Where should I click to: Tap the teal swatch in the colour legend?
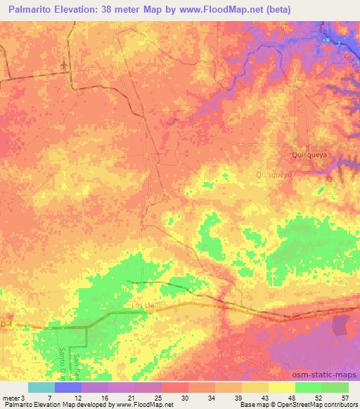coord(41,387)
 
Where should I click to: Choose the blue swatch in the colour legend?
coord(68,387)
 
